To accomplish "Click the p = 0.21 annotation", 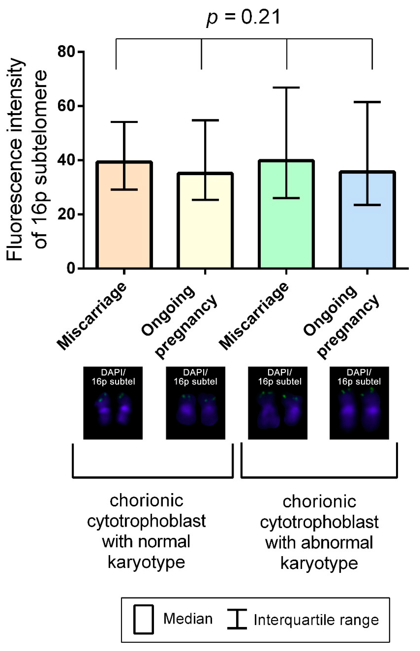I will pyautogui.click(x=243, y=18).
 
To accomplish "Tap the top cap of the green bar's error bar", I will pyautogui.click(x=286, y=88).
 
